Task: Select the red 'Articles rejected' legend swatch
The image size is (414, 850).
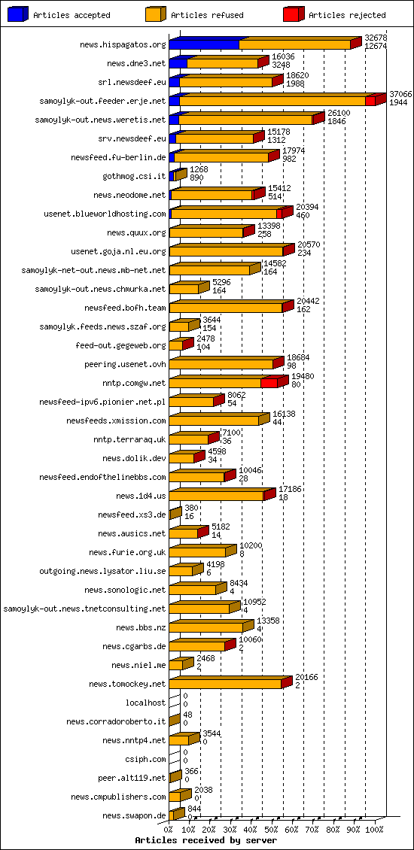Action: point(294,14)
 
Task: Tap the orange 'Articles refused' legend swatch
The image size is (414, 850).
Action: point(156,14)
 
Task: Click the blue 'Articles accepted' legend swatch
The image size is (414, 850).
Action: point(18,14)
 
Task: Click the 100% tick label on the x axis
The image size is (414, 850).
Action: point(374,830)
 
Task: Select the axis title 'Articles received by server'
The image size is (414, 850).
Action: point(205,840)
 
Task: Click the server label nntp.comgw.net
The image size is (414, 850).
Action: point(134,383)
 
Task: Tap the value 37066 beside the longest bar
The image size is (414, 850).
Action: point(400,93)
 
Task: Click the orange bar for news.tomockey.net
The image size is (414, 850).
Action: point(226,684)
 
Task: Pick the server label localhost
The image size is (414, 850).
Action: point(145,703)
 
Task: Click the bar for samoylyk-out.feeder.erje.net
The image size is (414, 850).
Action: point(271,101)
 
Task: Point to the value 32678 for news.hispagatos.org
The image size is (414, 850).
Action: point(376,38)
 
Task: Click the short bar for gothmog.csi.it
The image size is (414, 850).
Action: point(178,175)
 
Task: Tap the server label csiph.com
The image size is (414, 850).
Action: point(145,759)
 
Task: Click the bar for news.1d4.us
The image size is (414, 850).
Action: point(217,496)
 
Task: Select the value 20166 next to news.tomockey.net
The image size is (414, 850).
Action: point(306,677)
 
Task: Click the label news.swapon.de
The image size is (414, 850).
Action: point(134,815)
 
